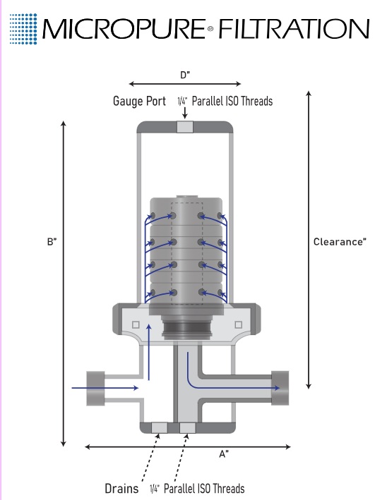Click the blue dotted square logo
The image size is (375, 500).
coord(23,29)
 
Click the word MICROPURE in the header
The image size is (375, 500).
coord(124,29)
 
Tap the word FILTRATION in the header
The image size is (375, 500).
coord(294,29)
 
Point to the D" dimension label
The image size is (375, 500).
coord(185,75)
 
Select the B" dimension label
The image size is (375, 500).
coord(52,242)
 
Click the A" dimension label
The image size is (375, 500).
coord(224,453)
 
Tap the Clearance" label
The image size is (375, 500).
coord(340,242)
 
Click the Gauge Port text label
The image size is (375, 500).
coord(140,101)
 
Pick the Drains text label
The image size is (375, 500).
coord(121,489)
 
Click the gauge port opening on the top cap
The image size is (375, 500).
coord(185,127)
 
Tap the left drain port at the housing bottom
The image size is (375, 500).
coord(159,427)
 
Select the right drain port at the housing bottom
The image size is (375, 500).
coord(188,427)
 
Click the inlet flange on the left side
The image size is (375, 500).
coord(95,389)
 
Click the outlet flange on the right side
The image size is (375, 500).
coord(280,388)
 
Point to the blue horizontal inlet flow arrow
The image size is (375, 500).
coord(105,388)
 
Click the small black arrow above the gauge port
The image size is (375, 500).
coord(184,114)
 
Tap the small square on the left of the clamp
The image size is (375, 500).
coord(136,324)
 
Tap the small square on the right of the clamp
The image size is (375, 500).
coord(238,324)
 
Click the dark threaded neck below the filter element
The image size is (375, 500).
coord(187,329)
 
